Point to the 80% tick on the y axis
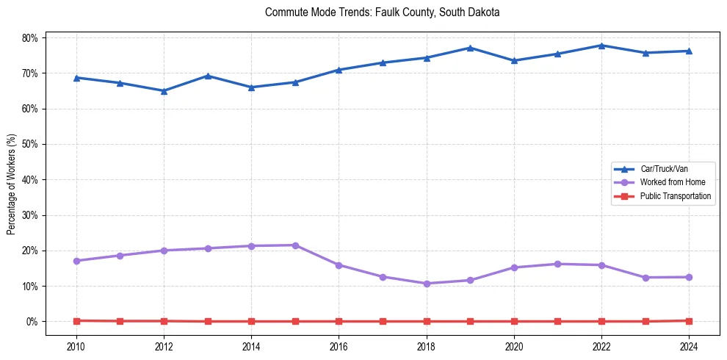[32, 37]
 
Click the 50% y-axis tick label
[32, 144]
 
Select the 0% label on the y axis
[34, 321]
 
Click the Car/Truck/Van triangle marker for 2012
[164, 91]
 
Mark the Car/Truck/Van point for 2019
[470, 48]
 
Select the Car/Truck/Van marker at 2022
[601, 46]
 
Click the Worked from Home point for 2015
[295, 245]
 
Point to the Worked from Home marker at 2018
[426, 284]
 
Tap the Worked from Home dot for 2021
[557, 264]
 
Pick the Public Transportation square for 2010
[76, 320]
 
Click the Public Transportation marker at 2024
[689, 320]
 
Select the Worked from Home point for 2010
[76, 261]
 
